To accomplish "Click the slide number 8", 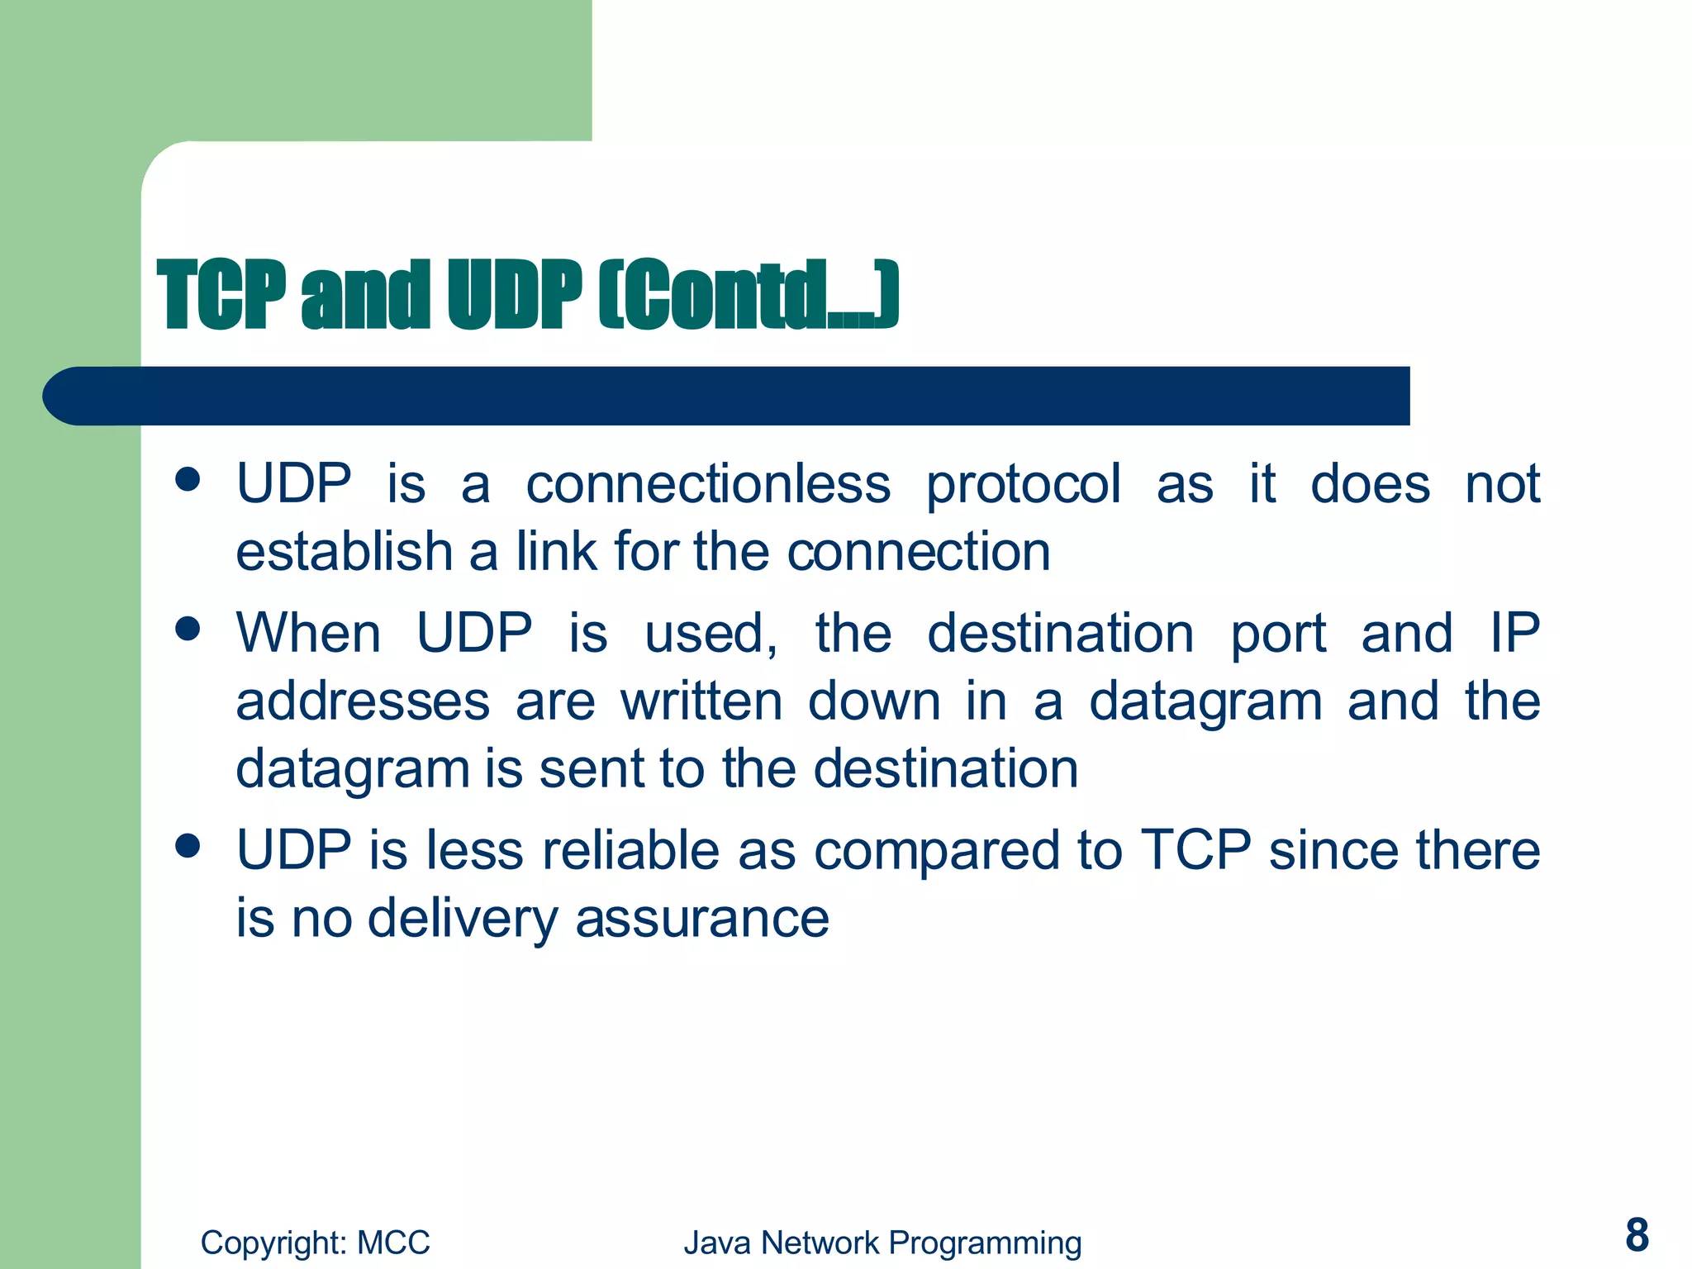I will [1637, 1235].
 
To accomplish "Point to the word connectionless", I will [708, 484].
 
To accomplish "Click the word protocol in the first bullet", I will [1023, 486].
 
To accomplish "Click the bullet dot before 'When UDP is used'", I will [188, 629].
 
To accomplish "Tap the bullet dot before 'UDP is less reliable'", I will [188, 845].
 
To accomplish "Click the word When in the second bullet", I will [308, 634].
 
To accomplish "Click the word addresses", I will [363, 701].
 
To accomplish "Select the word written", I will [701, 701].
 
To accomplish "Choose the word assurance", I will [702, 919].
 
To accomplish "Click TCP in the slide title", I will [222, 295].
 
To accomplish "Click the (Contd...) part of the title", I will [748, 295].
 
